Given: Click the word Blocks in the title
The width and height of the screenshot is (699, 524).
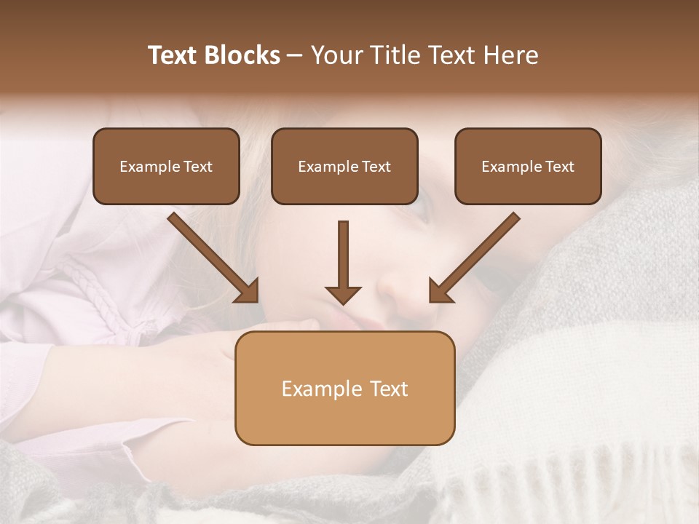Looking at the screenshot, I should pyautogui.click(x=242, y=55).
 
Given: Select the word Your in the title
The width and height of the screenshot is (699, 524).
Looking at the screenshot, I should pyautogui.click(x=337, y=55).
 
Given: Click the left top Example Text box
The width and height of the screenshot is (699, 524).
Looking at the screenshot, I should pyautogui.click(x=166, y=166).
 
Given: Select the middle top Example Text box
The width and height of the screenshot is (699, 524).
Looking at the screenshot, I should pyautogui.click(x=344, y=166).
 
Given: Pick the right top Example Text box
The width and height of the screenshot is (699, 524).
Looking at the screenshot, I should pyautogui.click(x=528, y=166).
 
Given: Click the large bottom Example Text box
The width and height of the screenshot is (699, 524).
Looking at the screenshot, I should pyautogui.click(x=344, y=388).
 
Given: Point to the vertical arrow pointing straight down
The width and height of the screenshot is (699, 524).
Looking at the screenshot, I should pyautogui.click(x=343, y=258).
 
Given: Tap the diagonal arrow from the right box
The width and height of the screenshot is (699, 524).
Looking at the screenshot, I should pyautogui.click(x=477, y=255).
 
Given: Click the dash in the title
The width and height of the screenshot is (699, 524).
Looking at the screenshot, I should pyautogui.click(x=295, y=56).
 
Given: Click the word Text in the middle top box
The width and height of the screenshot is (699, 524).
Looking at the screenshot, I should pyautogui.click(x=376, y=167).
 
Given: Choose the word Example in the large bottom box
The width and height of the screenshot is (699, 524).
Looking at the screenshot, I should pyautogui.click(x=320, y=389).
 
